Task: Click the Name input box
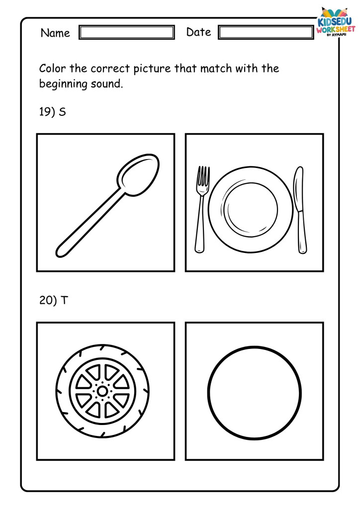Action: tap(127, 32)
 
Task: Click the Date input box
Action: tap(266, 32)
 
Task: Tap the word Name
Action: tap(55, 33)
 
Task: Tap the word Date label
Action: tap(199, 32)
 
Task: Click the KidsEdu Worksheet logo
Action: tap(336, 22)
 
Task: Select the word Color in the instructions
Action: tap(52, 69)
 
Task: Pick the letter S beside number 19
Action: tap(62, 112)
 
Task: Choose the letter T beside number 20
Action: tap(64, 300)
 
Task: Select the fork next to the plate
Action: tap(201, 209)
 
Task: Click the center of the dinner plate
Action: tap(251, 209)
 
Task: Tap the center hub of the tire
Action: tap(102, 391)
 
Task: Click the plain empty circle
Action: tap(208, 393)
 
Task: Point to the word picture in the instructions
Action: tap(152, 69)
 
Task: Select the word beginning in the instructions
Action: tap(63, 84)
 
